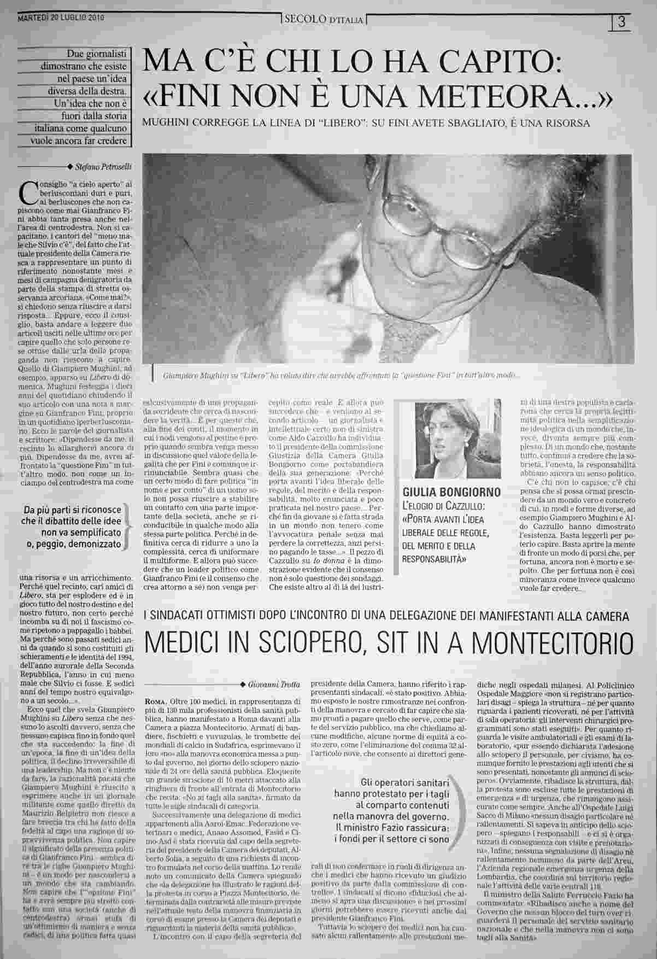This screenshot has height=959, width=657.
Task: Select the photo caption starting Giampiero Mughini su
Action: pos(342,376)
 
